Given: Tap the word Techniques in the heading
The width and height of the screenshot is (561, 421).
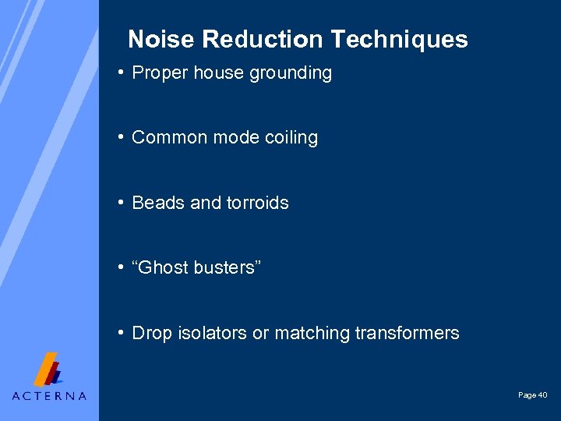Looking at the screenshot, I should pos(399,39).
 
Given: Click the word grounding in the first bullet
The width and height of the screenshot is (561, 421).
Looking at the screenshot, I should pos(291,73).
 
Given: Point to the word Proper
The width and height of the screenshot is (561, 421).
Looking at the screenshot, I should pos(159,73).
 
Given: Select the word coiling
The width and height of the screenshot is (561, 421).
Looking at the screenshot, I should pos(291,138).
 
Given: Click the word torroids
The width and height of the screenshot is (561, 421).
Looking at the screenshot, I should pos(258,203).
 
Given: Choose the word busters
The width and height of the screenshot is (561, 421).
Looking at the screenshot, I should pos(228,267).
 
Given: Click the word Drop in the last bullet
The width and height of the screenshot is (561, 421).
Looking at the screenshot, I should pos(150,333).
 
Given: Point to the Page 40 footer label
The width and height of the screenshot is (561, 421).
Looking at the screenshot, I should pos(533,395).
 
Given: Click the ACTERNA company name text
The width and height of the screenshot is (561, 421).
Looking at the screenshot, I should pos(49,396).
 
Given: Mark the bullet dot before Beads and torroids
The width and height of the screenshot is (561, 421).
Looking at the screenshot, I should pos(122,202).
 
